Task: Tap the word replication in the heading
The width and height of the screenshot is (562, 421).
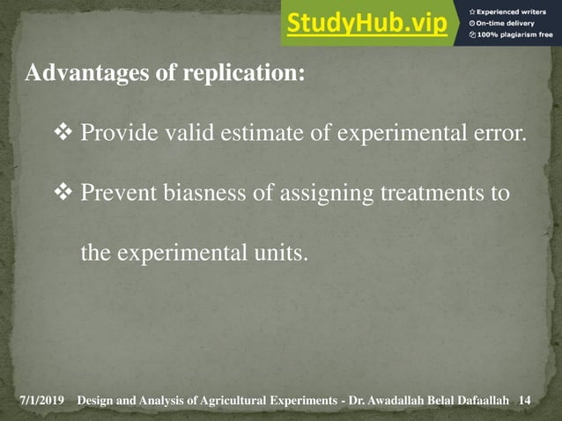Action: click(243, 73)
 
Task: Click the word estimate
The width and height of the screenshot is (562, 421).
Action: click(240, 135)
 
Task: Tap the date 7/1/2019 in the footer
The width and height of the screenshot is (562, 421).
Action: click(42, 402)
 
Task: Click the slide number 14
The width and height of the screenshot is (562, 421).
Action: click(526, 402)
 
